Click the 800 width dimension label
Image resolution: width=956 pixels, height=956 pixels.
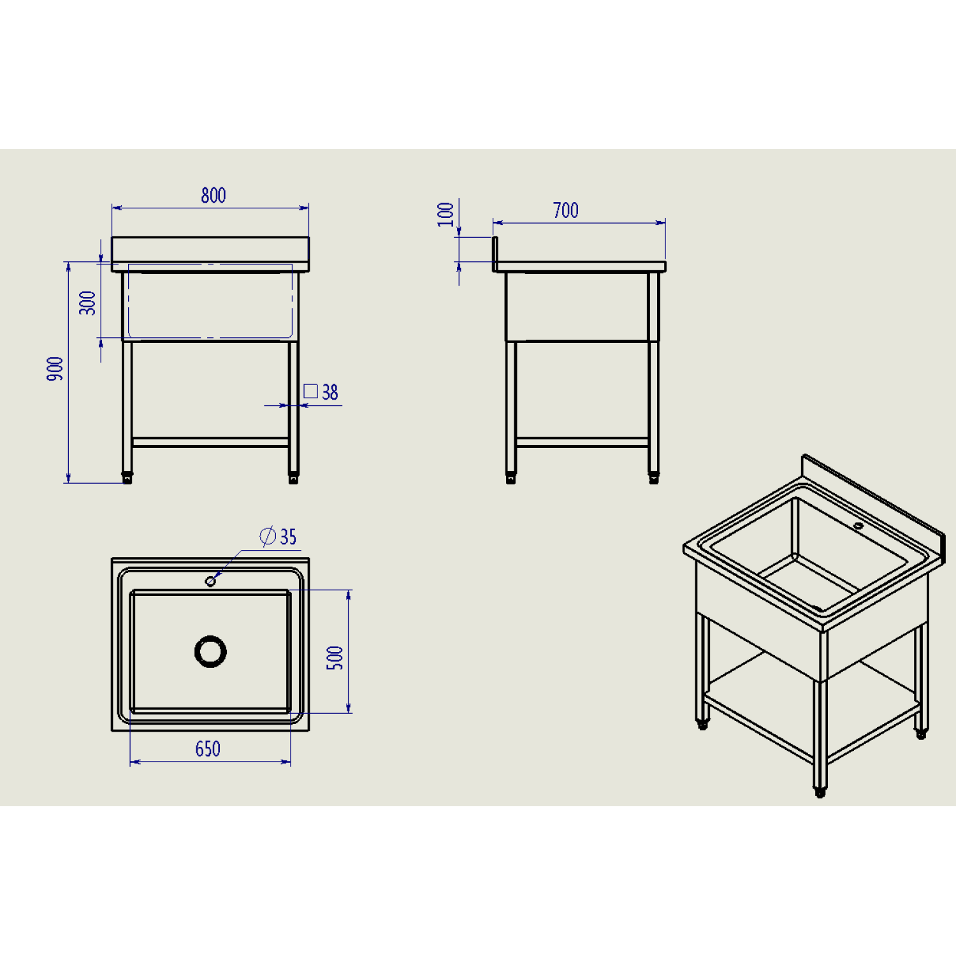pyautogui.click(x=214, y=195)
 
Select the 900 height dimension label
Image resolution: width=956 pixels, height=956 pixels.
pyautogui.click(x=55, y=369)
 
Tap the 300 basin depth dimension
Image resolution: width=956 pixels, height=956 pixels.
pyautogui.click(x=87, y=303)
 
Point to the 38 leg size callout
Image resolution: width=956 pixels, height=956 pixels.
pyautogui.click(x=330, y=392)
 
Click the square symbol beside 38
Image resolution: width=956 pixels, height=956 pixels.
pyautogui.click(x=310, y=391)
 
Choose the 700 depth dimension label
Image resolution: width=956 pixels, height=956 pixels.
pyautogui.click(x=566, y=210)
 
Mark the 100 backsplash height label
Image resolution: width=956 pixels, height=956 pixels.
pyautogui.click(x=445, y=214)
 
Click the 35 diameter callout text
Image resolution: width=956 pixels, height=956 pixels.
pyautogui.click(x=288, y=537)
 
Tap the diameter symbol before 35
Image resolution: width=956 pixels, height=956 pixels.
pyautogui.click(x=268, y=536)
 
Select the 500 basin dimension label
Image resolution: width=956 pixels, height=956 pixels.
pyautogui.click(x=335, y=658)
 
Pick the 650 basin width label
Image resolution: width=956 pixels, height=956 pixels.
pyautogui.click(x=208, y=749)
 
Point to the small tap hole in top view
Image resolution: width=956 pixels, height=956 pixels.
pyautogui.click(x=210, y=581)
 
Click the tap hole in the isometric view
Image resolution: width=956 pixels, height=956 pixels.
pyautogui.click(x=858, y=526)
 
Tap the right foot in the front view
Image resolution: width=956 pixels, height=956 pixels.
pyautogui.click(x=293, y=478)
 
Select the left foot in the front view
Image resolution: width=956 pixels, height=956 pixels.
pyautogui.click(x=127, y=478)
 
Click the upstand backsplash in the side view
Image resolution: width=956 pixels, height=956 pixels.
pyautogui.click(x=495, y=254)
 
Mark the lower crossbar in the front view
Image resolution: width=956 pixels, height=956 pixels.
pyautogui.click(x=210, y=442)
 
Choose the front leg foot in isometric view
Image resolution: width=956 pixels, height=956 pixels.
pyautogui.click(x=820, y=792)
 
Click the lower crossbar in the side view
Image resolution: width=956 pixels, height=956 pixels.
pyautogui.click(x=582, y=442)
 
